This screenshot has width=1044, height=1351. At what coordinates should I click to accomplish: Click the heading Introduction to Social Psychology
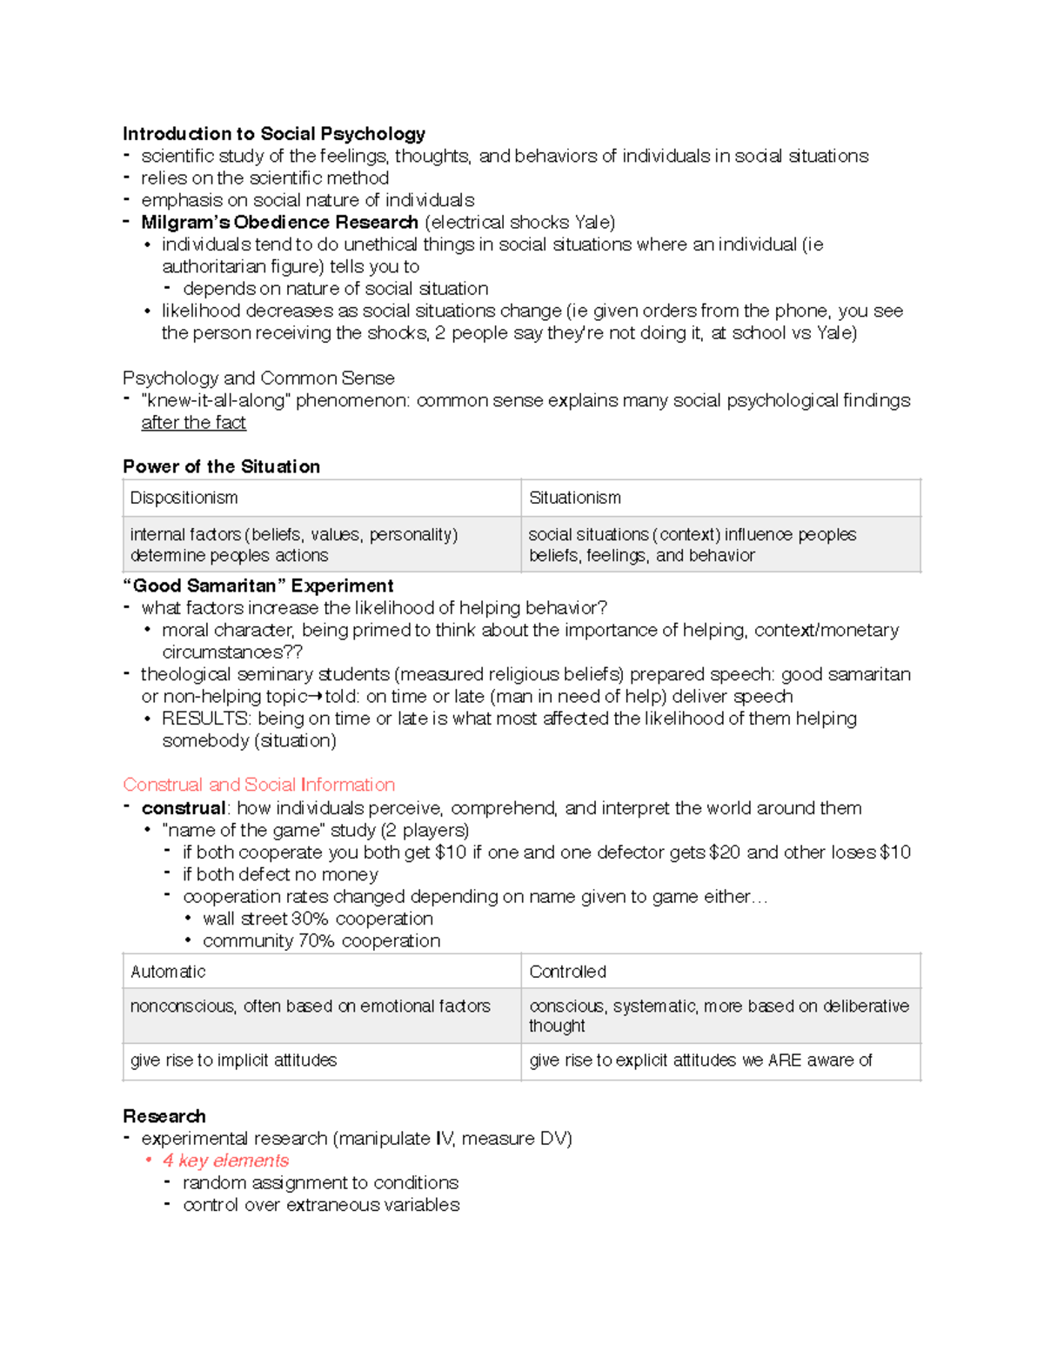pyautogui.click(x=273, y=133)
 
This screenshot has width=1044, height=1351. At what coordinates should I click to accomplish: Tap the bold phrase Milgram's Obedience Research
pyautogui.click(x=279, y=222)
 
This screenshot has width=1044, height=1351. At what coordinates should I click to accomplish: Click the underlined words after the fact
pyautogui.click(x=193, y=423)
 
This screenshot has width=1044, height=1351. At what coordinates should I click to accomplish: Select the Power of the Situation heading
pyautogui.click(x=221, y=466)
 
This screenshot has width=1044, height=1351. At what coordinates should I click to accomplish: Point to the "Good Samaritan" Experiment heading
pyautogui.click(x=258, y=585)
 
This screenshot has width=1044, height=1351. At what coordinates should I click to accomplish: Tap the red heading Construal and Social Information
pyautogui.click(x=258, y=785)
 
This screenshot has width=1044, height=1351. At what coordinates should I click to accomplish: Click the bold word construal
pyautogui.click(x=183, y=808)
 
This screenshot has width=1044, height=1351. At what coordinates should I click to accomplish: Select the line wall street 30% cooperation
pyautogui.click(x=318, y=919)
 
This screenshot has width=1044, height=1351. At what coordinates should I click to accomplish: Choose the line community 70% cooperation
pyautogui.click(x=321, y=941)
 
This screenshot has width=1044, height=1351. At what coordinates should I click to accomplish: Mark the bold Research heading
pyautogui.click(x=164, y=1116)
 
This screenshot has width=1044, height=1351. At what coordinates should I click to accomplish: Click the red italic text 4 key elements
pyautogui.click(x=225, y=1160)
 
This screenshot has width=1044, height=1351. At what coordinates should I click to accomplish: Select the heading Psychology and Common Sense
pyautogui.click(x=258, y=378)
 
